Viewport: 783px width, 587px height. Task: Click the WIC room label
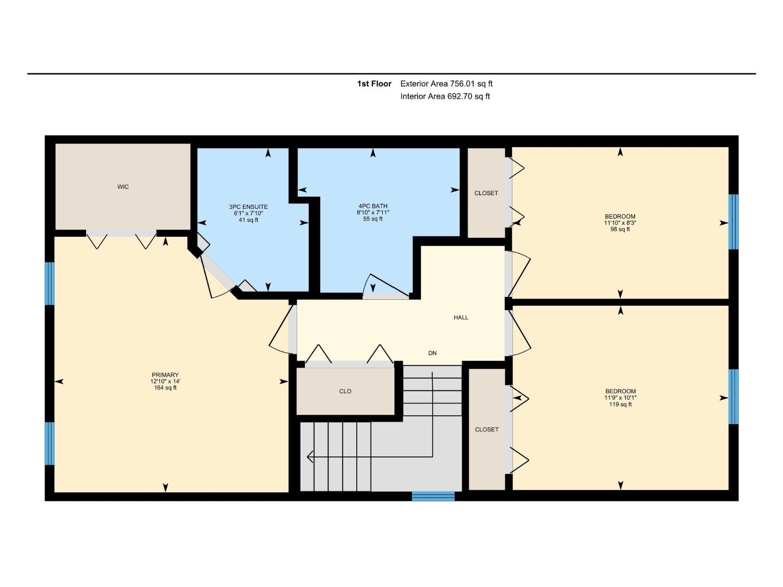click(x=123, y=187)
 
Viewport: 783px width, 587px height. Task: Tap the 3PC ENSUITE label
click(x=248, y=207)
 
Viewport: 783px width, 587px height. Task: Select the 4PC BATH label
click(x=373, y=206)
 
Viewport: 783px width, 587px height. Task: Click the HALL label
click(x=461, y=317)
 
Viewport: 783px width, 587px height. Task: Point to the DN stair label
click(x=432, y=353)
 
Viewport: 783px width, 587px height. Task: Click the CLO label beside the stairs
click(x=345, y=391)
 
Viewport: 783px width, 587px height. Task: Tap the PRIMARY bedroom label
click(x=165, y=375)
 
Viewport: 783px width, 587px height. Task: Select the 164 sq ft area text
click(x=165, y=388)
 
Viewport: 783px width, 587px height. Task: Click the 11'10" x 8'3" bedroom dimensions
click(x=620, y=223)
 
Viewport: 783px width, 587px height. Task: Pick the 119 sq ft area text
click(x=621, y=404)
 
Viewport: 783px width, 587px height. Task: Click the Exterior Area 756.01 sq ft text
click(x=446, y=84)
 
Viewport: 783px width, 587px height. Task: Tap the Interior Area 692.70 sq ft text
click(x=445, y=96)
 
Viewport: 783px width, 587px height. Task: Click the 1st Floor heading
click(x=374, y=84)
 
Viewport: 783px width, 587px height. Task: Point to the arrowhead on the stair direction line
click(x=309, y=456)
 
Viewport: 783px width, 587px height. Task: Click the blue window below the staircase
click(x=433, y=496)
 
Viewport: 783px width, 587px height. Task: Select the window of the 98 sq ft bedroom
click(x=733, y=222)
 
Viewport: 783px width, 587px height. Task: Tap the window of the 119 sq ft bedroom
click(x=733, y=396)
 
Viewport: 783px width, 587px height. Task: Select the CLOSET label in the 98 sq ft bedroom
click(x=486, y=193)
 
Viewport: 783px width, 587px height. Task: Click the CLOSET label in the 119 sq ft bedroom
click(x=486, y=429)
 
